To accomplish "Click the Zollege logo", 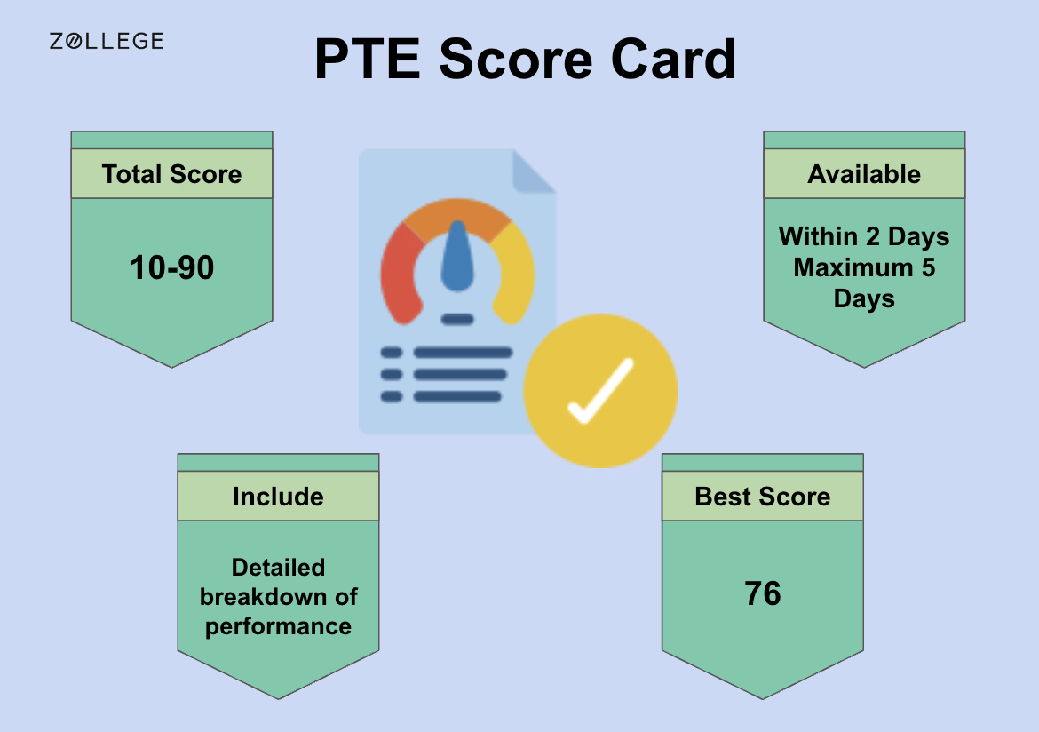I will [x=106, y=41].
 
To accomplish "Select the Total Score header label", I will [x=171, y=174].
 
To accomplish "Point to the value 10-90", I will [x=171, y=267].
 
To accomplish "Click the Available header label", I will [x=864, y=174].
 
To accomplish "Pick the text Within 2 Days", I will [x=864, y=237].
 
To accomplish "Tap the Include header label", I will [x=278, y=497].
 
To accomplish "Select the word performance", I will [x=278, y=626].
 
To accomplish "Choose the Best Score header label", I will [x=763, y=497].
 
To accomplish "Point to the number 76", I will [x=763, y=593].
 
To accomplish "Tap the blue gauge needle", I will [x=457, y=258].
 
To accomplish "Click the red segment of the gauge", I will [x=399, y=275].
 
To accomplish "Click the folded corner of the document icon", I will [x=532, y=171].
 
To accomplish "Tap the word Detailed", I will [x=278, y=568].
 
